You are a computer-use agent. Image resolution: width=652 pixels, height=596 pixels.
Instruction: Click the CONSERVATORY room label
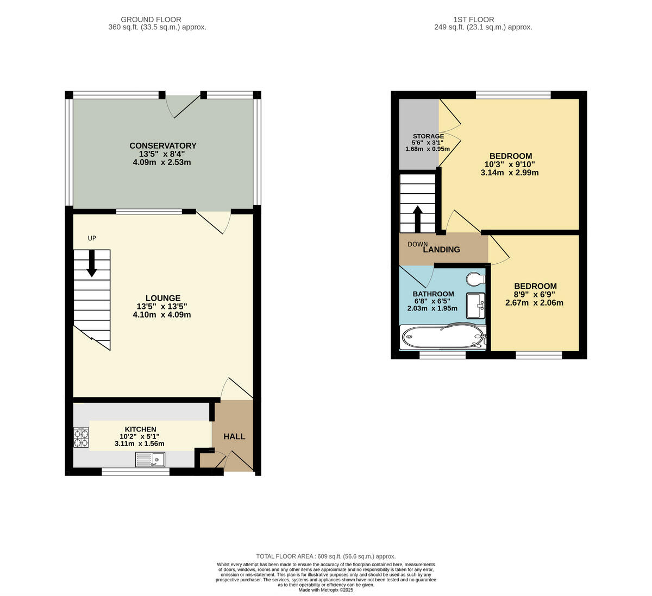[x=162, y=145]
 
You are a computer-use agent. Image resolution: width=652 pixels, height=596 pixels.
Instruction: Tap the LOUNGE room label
[x=162, y=298]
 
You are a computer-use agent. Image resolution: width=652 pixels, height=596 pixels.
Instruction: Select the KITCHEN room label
[x=140, y=429]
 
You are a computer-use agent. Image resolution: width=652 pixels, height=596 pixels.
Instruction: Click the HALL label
[x=234, y=436]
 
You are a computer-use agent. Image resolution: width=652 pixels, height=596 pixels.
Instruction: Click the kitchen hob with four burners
[x=81, y=438]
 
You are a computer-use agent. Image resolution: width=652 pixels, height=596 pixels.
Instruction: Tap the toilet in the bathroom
[x=476, y=278]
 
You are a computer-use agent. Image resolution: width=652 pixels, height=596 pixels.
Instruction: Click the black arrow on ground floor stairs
[x=92, y=263]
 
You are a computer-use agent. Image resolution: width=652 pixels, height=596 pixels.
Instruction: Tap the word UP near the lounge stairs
[x=92, y=238]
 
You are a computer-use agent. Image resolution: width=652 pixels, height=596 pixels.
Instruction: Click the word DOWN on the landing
[x=417, y=244]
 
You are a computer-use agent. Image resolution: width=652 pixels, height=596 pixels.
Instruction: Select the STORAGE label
[x=428, y=136]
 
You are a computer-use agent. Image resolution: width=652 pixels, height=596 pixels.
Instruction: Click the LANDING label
[x=441, y=250]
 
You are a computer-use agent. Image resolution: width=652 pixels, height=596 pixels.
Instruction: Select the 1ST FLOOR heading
[x=483, y=20]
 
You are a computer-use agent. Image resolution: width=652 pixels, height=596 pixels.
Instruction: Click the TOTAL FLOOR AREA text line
[x=325, y=556]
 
